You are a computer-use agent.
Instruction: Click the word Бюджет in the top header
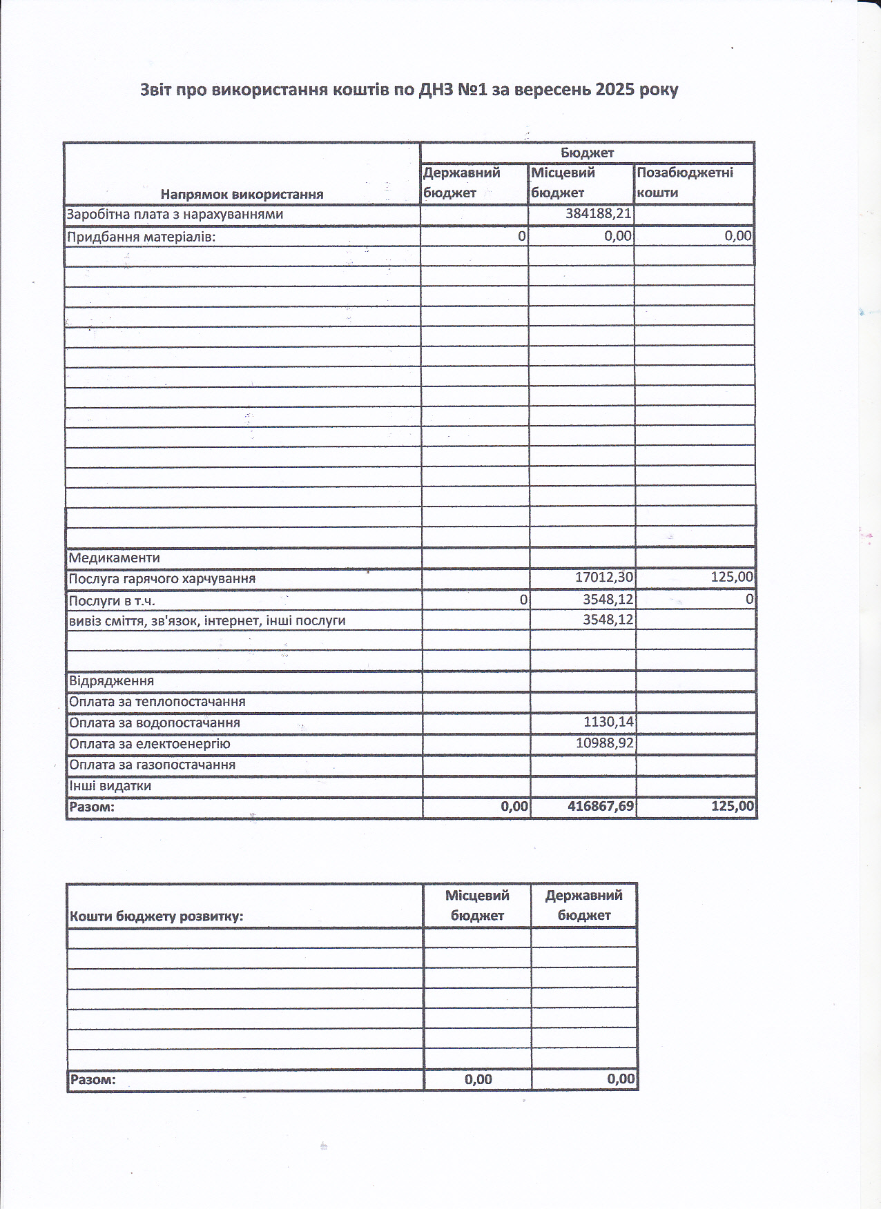coord(587,153)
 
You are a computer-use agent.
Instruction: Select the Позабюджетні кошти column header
coord(684,182)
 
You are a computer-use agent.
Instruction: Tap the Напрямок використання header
coord(242,194)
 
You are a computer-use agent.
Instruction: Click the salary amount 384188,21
coord(598,214)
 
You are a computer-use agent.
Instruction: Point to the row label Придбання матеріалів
coord(141,237)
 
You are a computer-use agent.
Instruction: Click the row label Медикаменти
coord(115,558)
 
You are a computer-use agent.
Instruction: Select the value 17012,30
coord(604,578)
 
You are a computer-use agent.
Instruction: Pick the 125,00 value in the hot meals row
coord(732,577)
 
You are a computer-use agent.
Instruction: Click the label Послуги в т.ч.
coord(111,600)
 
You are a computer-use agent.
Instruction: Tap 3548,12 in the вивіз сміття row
coord(608,620)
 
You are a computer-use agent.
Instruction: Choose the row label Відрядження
coord(111,681)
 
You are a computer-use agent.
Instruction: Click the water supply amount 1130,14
coord(608,723)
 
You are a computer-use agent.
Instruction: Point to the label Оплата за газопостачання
coord(152,765)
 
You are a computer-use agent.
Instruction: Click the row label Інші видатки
coord(110,786)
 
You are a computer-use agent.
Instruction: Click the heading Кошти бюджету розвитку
coord(156,916)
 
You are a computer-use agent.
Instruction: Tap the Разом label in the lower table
coord(93,1079)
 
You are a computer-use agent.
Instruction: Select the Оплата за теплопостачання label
coord(157,702)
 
